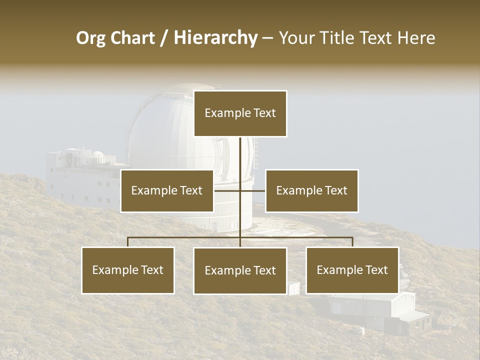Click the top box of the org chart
coord(240,113)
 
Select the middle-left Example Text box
coord(166,190)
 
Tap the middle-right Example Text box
coord(311,190)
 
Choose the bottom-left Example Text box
coord(128,270)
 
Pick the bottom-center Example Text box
coord(240,270)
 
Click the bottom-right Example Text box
coord(352,270)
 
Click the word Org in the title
coord(90,38)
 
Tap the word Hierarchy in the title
coord(215,38)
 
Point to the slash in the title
coord(164,38)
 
